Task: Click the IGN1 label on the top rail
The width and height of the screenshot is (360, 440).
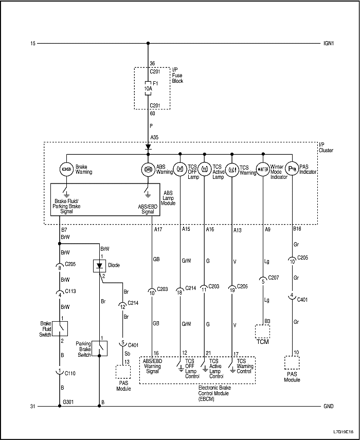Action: [x=328, y=44]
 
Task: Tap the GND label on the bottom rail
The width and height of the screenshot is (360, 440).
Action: [x=328, y=407]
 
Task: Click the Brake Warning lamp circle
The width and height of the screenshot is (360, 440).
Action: [x=66, y=169]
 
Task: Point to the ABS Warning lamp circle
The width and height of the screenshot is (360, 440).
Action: [x=148, y=169]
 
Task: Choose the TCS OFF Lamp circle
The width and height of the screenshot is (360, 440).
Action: [x=181, y=169]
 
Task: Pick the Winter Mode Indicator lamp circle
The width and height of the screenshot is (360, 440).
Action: [x=263, y=169]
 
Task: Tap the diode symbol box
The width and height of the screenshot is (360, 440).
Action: [x=99, y=266]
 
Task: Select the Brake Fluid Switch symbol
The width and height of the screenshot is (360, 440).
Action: [x=60, y=327]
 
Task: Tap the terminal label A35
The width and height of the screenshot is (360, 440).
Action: [x=155, y=137]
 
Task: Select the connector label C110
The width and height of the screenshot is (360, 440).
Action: [x=70, y=371]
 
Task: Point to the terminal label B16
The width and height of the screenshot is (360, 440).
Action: [x=298, y=230]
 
